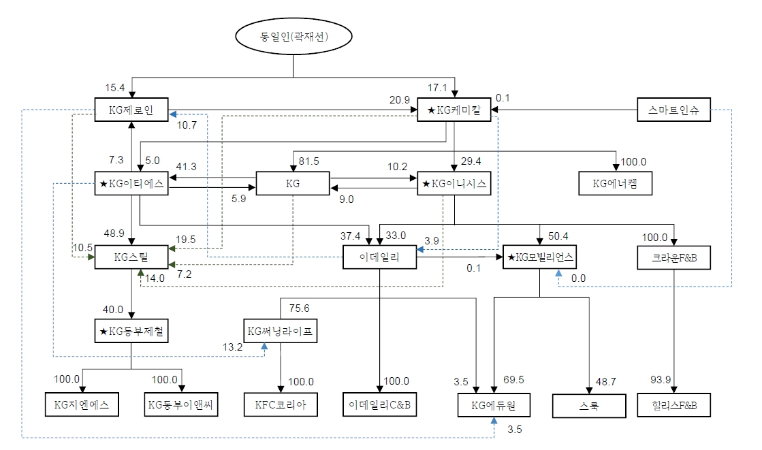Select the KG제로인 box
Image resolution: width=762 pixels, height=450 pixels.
(x=131, y=110)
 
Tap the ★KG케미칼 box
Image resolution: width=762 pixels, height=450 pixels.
(x=455, y=110)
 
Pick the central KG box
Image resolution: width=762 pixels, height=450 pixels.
(x=293, y=184)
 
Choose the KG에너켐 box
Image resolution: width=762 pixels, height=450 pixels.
(x=617, y=184)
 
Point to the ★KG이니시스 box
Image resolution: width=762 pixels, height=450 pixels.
(x=455, y=184)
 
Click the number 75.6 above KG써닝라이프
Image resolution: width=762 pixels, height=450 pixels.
(x=300, y=308)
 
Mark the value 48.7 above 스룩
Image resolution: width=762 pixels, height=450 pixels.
(x=605, y=382)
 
